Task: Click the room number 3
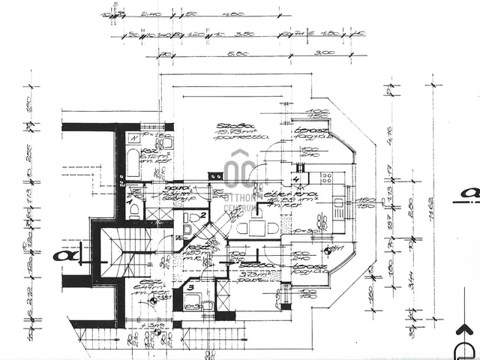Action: tap(191, 287)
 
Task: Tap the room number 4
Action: tap(295, 180)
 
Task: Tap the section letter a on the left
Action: tap(59, 254)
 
